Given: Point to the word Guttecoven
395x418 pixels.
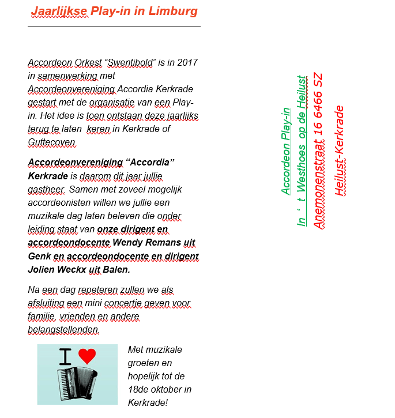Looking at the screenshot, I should pos(51,142).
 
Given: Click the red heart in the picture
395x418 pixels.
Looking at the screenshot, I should pos(87,356).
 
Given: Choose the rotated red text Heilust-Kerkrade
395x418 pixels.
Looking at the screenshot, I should pos(339,151).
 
